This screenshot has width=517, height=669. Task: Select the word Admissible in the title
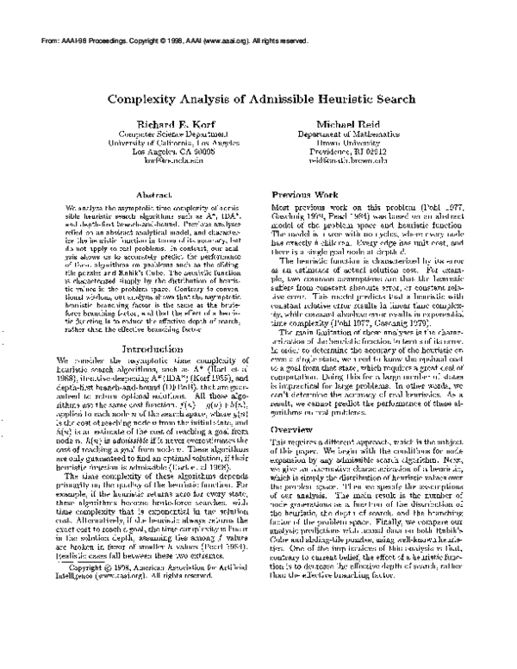(286, 99)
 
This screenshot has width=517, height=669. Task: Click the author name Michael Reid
(353, 125)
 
